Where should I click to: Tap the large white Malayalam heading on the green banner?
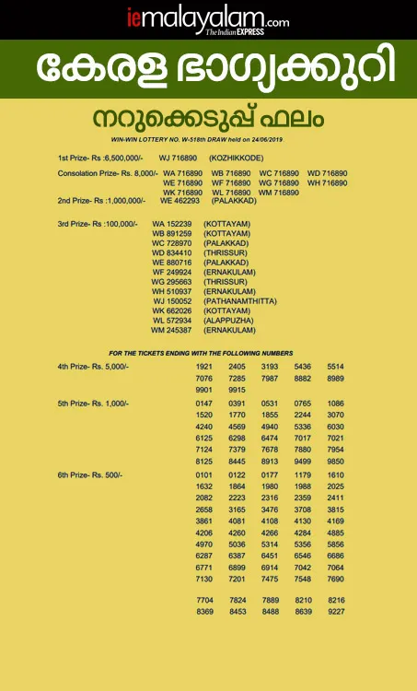point(208,70)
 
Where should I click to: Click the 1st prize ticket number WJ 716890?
point(179,158)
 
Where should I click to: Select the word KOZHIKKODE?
point(237,158)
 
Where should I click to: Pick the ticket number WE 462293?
point(180,200)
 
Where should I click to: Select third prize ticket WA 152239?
point(172,224)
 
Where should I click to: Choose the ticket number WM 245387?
point(171,329)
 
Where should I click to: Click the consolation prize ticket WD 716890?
point(327,173)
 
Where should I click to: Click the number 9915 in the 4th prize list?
point(237,390)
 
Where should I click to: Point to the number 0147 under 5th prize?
point(204,404)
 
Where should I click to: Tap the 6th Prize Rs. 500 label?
point(89,474)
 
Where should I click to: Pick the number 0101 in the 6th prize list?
point(204,474)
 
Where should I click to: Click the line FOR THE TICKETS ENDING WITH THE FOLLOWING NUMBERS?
point(201,353)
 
